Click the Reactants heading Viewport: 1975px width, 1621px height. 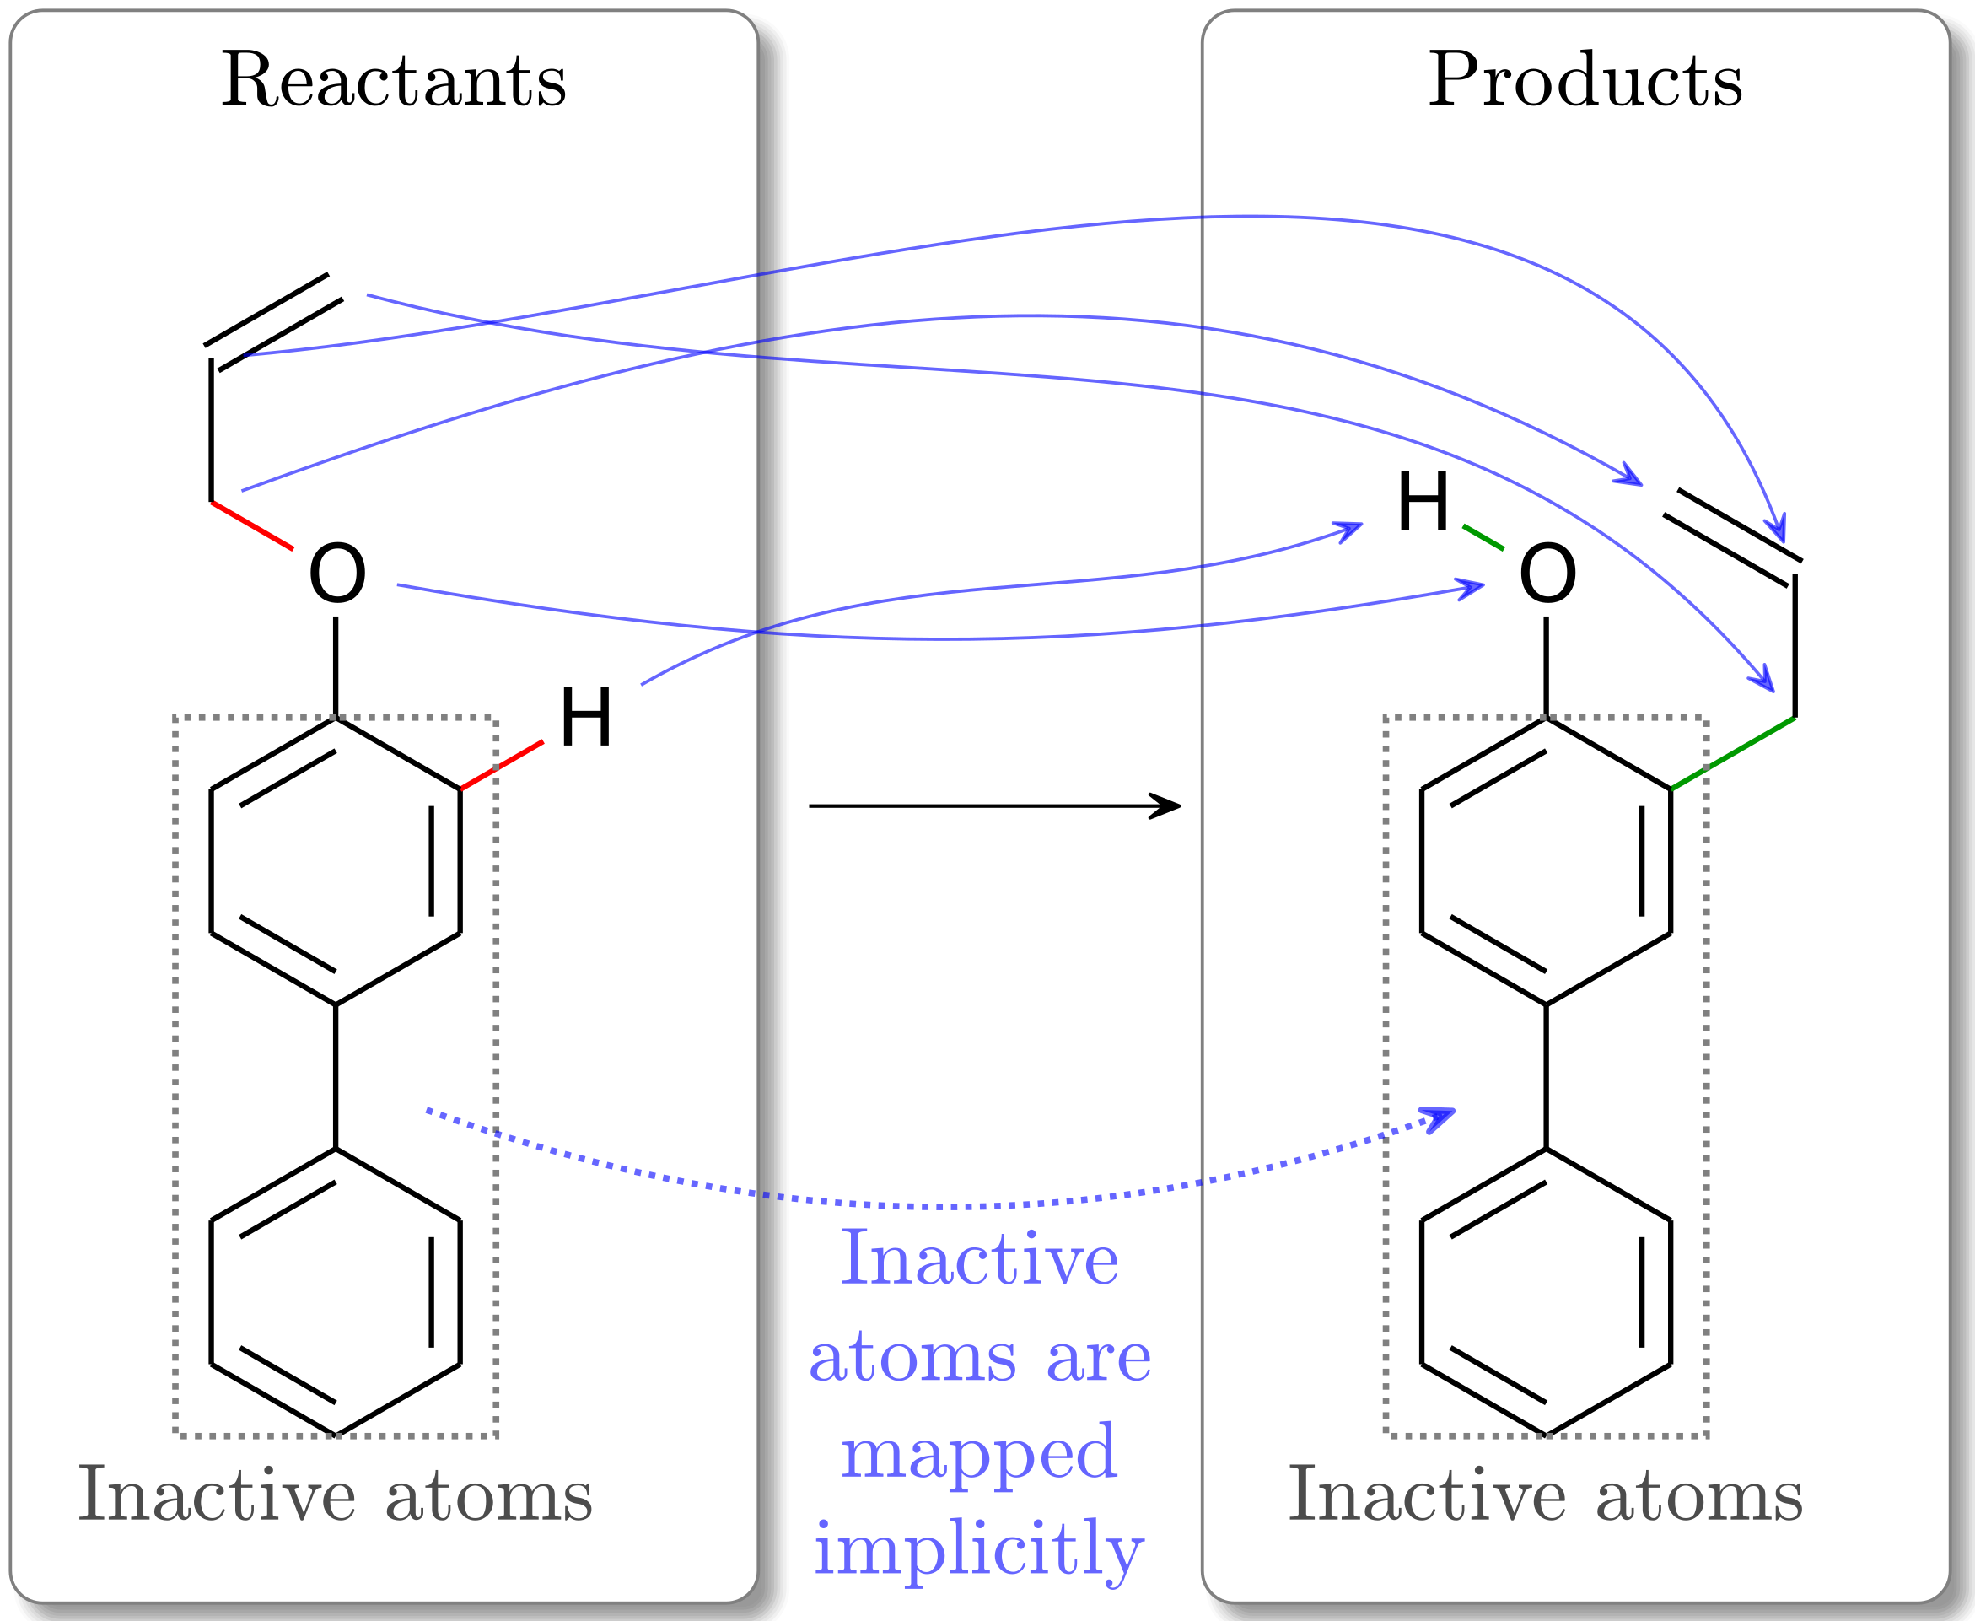point(393,81)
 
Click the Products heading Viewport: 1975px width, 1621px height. point(1585,81)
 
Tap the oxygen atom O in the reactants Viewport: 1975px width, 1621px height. point(337,574)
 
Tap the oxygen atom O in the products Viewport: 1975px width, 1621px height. point(1547,574)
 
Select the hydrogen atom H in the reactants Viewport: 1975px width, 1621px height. point(585,717)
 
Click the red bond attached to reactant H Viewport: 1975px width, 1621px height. point(503,765)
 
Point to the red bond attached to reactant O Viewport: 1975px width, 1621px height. point(252,525)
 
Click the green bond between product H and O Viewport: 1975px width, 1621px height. point(1483,538)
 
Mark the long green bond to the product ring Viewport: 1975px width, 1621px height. point(1733,752)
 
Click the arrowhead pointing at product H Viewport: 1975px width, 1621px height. point(1351,530)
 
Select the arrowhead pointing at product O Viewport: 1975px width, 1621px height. point(1473,586)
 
